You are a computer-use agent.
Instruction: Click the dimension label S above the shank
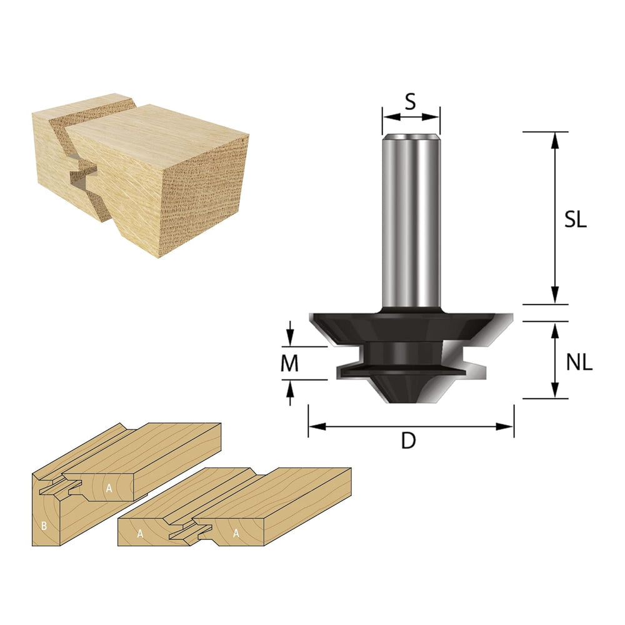tap(410, 102)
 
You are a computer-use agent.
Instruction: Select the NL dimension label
tap(579, 362)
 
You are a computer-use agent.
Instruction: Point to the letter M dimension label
tap(289, 363)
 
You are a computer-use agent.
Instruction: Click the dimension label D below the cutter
tap(409, 441)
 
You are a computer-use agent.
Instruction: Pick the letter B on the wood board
tap(44, 526)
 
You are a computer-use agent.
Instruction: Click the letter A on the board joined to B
tap(109, 488)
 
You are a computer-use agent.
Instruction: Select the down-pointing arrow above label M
tap(290, 334)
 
